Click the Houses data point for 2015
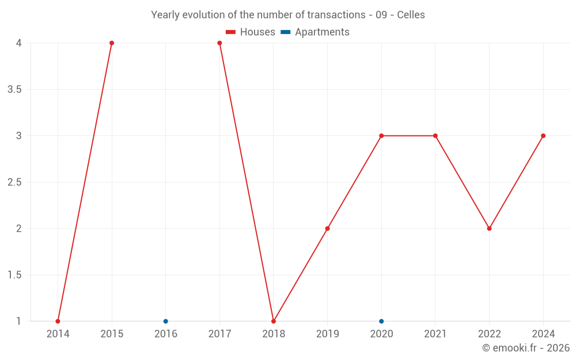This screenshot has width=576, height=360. (112, 43)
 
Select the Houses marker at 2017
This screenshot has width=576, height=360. (219, 43)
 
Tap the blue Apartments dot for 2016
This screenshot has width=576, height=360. (166, 321)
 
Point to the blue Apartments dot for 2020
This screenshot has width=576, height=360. (381, 321)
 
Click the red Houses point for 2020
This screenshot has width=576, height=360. (381, 136)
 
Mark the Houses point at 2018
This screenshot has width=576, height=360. (274, 321)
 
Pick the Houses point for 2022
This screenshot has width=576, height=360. (489, 229)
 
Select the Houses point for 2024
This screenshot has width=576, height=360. (543, 136)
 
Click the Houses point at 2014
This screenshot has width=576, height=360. (58, 321)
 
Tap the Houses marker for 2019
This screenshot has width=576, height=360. (327, 229)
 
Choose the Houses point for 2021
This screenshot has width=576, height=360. (435, 136)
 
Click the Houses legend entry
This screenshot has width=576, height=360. (251, 32)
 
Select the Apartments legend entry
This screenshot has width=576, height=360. (315, 32)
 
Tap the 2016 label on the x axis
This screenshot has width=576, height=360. (166, 334)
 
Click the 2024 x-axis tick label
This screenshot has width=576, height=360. (543, 334)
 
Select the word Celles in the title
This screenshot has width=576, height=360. (411, 15)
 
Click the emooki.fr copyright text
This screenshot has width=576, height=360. (526, 348)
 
